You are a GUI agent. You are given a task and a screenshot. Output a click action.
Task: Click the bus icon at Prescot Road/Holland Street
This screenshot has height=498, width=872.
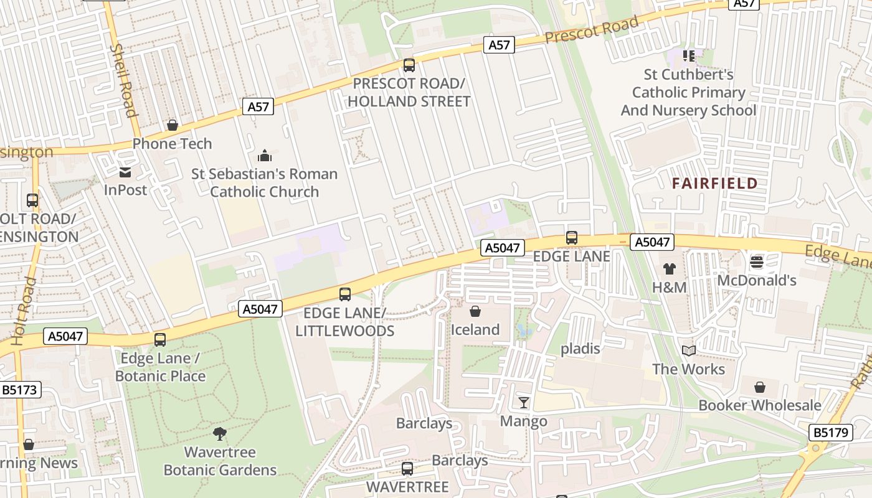tap(409, 65)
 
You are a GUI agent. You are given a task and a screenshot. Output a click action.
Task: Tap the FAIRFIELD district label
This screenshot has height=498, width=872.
tap(715, 184)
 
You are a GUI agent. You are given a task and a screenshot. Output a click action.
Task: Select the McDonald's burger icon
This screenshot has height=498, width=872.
tap(757, 262)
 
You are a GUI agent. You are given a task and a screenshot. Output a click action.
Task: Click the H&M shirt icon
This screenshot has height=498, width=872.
tap(669, 269)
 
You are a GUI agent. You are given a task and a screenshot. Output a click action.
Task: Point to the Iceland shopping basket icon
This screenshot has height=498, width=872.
tap(475, 311)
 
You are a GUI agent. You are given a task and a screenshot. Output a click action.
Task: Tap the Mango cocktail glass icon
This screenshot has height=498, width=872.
tap(524, 403)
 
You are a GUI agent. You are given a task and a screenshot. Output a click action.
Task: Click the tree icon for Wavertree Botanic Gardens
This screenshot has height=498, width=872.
tap(219, 433)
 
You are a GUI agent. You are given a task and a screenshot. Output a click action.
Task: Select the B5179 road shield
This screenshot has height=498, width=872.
tap(832, 432)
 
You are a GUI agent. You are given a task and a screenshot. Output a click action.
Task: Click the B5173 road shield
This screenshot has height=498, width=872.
tap(20, 390)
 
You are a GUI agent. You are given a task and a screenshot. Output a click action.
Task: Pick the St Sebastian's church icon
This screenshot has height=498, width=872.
tap(265, 156)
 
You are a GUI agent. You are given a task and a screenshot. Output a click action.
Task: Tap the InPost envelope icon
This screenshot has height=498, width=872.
tap(125, 172)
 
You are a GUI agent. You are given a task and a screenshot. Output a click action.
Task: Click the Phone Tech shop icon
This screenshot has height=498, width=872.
tap(173, 126)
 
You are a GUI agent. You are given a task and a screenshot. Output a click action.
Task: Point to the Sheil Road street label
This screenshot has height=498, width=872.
tap(123, 80)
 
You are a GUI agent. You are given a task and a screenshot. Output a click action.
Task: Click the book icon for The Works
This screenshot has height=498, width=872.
tap(688, 351)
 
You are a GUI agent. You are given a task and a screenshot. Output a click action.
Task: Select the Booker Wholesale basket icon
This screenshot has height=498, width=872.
tap(760, 388)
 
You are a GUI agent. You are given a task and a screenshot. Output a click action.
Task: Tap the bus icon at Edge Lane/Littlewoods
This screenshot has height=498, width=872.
tap(345, 294)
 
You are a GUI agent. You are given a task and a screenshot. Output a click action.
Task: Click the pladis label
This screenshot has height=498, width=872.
tap(581, 349)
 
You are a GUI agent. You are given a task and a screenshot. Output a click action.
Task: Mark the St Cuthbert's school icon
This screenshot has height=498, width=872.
tap(688, 57)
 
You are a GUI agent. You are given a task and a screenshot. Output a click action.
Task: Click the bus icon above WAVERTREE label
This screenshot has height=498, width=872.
tap(407, 468)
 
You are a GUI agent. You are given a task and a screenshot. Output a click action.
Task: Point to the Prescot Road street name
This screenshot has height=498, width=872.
tap(592, 30)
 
